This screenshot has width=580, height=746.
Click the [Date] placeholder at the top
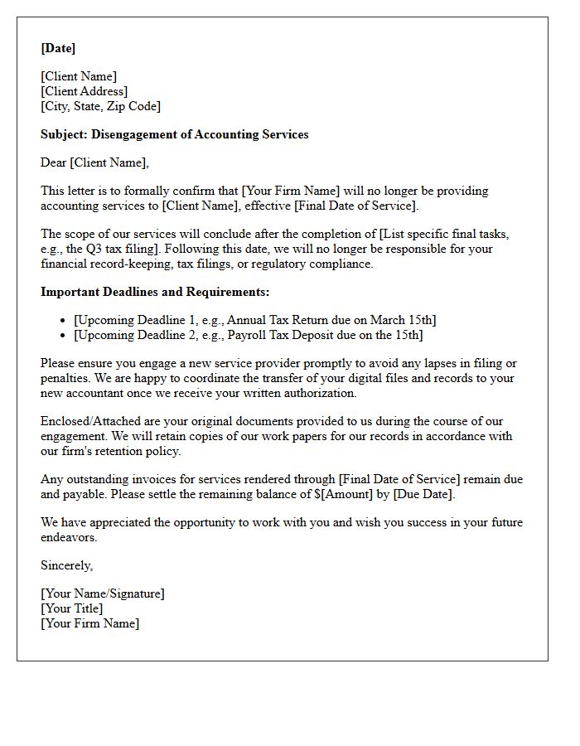coord(58,49)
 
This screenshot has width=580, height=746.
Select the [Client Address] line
coord(85,91)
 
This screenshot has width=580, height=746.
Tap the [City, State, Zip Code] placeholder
coord(100,106)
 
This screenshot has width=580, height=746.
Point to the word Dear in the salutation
coord(53,162)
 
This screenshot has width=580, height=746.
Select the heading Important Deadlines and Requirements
coord(155,292)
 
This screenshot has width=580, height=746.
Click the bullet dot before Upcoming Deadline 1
coord(64,321)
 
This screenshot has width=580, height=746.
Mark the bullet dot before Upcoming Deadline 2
coord(64,336)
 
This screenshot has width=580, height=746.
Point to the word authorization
coord(319,393)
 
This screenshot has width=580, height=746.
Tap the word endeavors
coord(70,537)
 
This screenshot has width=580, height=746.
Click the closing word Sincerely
coord(66,565)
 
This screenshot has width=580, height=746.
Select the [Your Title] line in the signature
coord(72,608)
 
